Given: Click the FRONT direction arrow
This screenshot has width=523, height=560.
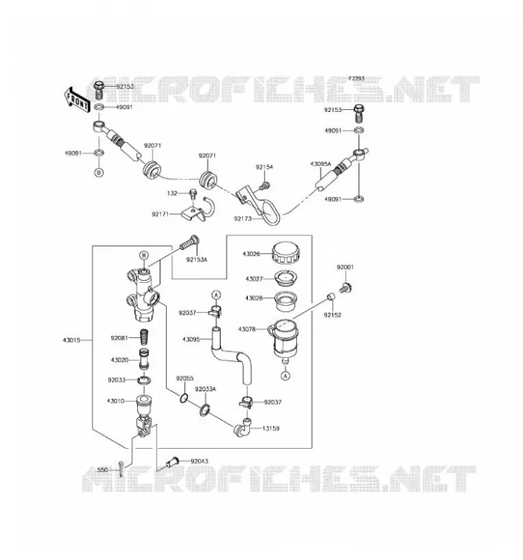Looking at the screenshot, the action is coord(76,99).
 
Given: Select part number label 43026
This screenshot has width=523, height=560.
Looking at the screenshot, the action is coord(251,254).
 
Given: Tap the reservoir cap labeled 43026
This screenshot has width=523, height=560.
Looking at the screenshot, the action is coord(286,253).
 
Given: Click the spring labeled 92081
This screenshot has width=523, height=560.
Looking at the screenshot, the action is coord(144,337).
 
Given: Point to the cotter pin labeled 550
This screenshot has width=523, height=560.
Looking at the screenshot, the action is coord(121,469).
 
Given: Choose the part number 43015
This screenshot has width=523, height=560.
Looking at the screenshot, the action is coord(71,340).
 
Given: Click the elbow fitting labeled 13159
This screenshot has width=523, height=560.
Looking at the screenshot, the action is coord(242,426).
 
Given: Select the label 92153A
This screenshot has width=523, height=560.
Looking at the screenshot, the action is coord(197,260).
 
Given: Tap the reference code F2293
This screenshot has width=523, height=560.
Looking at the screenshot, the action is coord(356,78).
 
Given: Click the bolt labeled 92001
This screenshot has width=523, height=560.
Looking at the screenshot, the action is coord(345,288).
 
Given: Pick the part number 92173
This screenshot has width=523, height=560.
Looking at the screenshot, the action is coord(243,218).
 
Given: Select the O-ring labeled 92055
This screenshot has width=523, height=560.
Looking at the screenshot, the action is coord(184,398).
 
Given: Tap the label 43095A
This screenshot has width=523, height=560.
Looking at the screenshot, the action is coord(321,164).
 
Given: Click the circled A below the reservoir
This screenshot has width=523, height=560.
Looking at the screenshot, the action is coord(285,375).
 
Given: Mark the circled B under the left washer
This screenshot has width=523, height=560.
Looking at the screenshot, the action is coord(99,172).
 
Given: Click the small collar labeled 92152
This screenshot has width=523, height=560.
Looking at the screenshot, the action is coord(331,296).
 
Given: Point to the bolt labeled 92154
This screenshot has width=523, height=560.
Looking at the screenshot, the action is coord(265,185).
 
